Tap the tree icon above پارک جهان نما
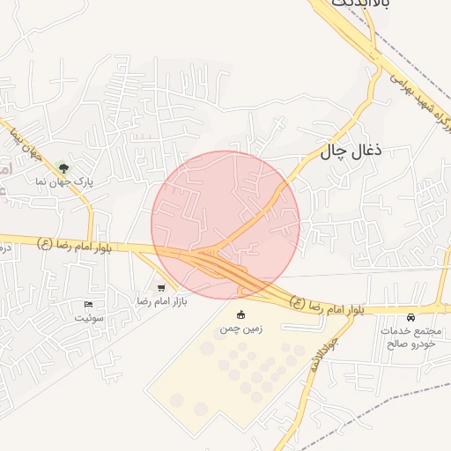(x=63, y=166)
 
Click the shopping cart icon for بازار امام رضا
(x=160, y=287)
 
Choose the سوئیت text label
(x=88, y=316)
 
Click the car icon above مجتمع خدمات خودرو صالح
(x=410, y=317)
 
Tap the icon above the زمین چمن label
(x=240, y=314)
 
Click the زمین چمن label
(x=240, y=329)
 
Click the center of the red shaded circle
(x=225, y=225)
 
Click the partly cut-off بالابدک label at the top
(x=360, y=4)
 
